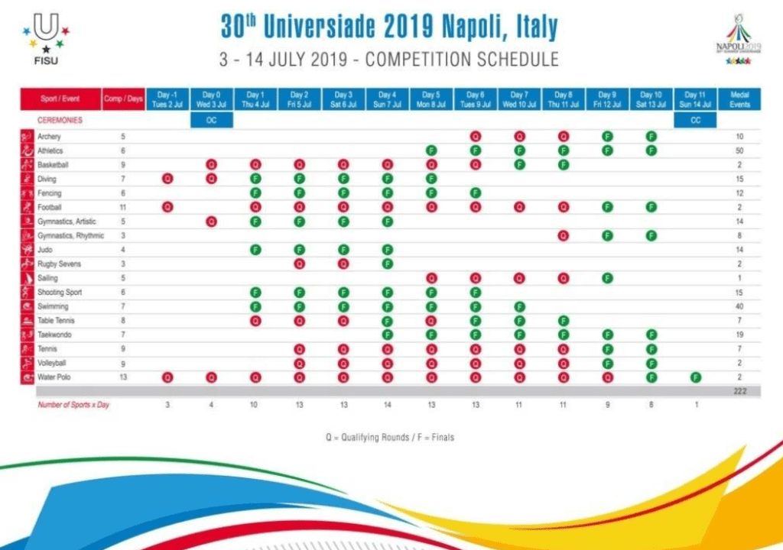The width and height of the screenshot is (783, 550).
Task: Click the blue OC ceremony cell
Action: (211, 121)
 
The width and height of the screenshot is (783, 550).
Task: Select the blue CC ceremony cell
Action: (695, 121)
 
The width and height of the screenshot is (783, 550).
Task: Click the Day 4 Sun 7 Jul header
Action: (387, 99)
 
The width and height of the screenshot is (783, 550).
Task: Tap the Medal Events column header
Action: (739, 99)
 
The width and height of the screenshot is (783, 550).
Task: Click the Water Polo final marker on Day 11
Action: (695, 377)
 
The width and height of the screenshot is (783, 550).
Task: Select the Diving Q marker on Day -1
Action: (167, 179)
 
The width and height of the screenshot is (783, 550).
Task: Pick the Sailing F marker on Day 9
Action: (607, 278)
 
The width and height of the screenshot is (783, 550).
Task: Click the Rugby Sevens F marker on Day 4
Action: (387, 264)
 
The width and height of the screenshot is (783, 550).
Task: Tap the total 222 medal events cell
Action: (739, 391)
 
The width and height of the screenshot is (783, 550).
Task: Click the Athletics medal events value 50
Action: (739, 151)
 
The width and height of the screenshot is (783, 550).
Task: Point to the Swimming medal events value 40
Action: (739, 306)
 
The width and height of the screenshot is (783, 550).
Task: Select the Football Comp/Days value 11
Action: (123, 207)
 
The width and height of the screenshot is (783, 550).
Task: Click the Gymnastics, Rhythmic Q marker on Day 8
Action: (564, 235)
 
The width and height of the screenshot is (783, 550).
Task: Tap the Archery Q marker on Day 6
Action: (476, 137)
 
